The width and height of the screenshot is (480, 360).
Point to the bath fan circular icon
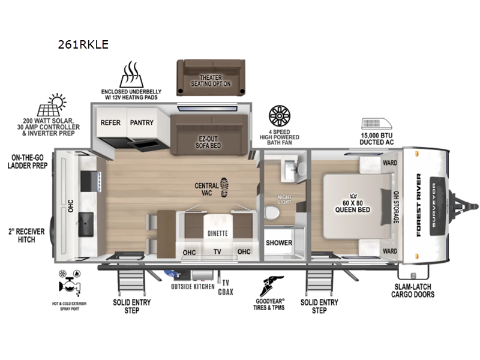[280, 116]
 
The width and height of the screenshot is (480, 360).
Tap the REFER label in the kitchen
[110, 122]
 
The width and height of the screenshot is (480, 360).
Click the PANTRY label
[142, 122]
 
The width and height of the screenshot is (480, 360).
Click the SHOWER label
[279, 243]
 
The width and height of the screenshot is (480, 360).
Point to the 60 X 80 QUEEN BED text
[352, 206]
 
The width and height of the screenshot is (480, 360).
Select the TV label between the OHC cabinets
[217, 252]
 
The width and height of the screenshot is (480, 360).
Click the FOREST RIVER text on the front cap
[421, 204]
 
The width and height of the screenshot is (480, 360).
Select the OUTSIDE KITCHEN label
[193, 286]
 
